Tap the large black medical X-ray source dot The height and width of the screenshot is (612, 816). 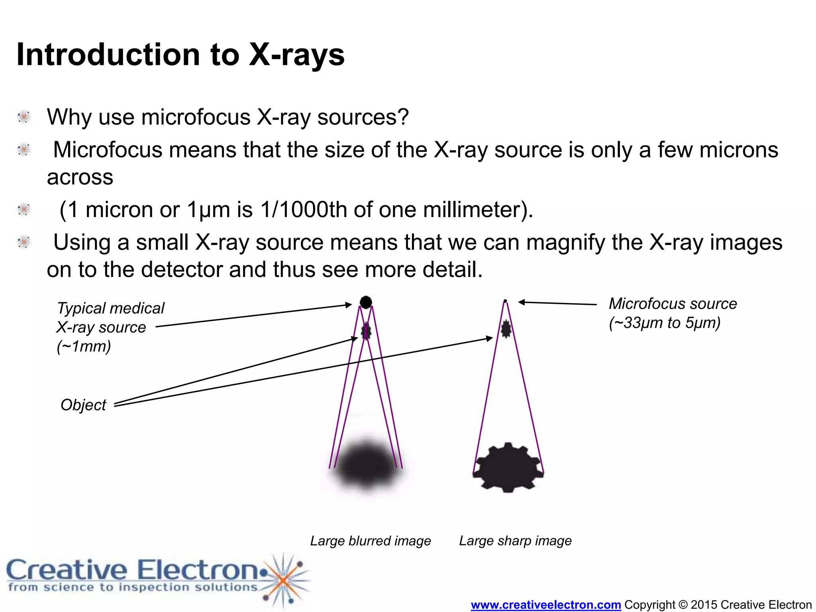coord(366,302)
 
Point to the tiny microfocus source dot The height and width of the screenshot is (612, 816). coord(505,301)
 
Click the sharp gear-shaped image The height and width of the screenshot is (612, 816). coord(508,467)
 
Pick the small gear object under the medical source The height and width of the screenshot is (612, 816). coord(366,330)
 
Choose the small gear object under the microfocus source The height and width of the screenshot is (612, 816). coord(506,329)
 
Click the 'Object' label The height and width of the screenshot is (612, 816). coord(83,405)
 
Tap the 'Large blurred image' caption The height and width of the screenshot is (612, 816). coord(370,541)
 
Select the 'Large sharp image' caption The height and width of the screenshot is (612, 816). coord(515,541)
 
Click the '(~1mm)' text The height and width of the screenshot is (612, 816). coord(84,346)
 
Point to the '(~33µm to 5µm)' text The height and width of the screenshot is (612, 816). coord(665,323)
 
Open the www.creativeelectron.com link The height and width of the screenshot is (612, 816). coord(545,604)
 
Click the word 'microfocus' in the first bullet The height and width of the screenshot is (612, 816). coord(196,117)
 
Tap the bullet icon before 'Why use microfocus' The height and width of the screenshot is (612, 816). coord(24,117)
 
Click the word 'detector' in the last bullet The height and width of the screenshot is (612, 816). coord(182,269)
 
